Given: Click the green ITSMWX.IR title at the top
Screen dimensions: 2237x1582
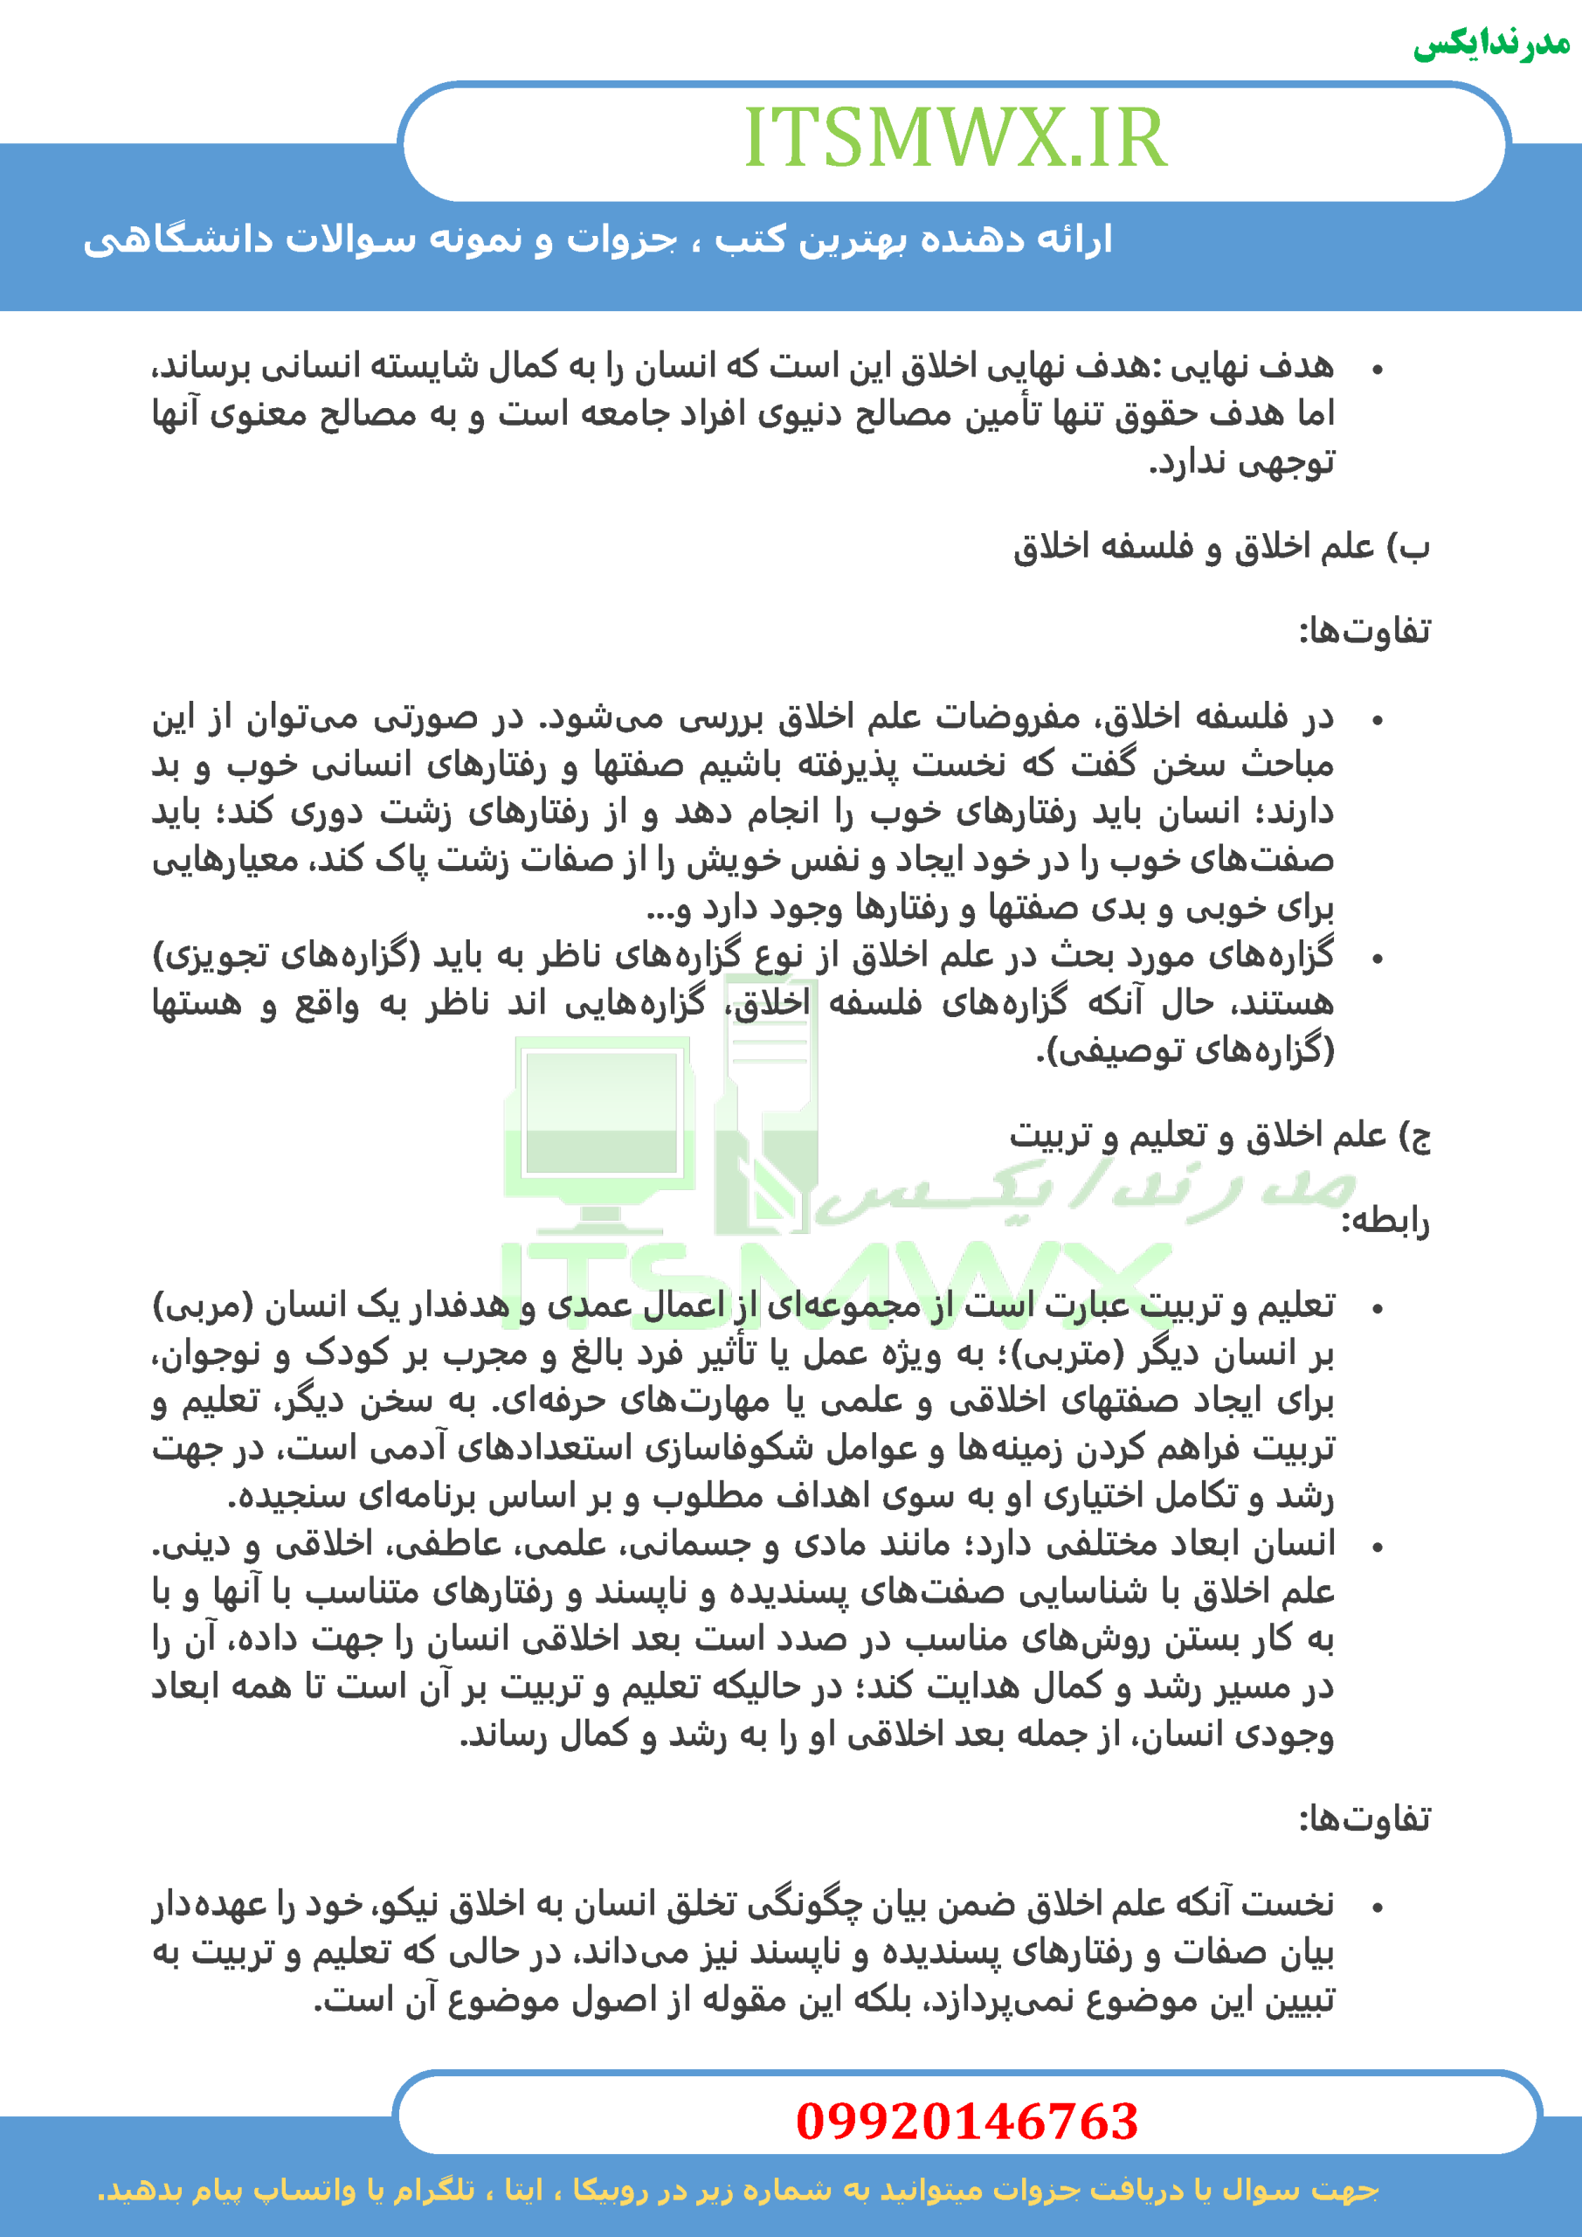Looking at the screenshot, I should (955, 138).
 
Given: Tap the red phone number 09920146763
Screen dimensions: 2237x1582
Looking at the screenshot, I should (966, 2121).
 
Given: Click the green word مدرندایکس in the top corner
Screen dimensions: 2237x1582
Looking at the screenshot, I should (1491, 44).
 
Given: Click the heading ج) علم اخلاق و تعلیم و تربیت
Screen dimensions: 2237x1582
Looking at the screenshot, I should (1219, 1135).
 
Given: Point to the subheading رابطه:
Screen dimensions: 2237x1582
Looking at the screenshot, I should (1385, 1220).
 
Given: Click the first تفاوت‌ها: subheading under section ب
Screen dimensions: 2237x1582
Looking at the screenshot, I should (1364, 632).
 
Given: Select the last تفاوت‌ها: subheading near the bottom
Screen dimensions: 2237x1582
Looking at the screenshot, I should (1364, 1819).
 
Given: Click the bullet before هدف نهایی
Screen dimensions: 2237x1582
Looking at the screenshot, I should (1377, 370).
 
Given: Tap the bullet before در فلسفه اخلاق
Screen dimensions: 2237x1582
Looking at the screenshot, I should (1377, 721).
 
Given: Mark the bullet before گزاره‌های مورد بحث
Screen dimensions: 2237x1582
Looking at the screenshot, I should (1377, 959).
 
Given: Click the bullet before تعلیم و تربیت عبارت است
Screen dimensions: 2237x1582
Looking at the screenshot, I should (1377, 1308).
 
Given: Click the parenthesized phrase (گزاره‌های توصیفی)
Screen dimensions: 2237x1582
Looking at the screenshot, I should (1185, 1050).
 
